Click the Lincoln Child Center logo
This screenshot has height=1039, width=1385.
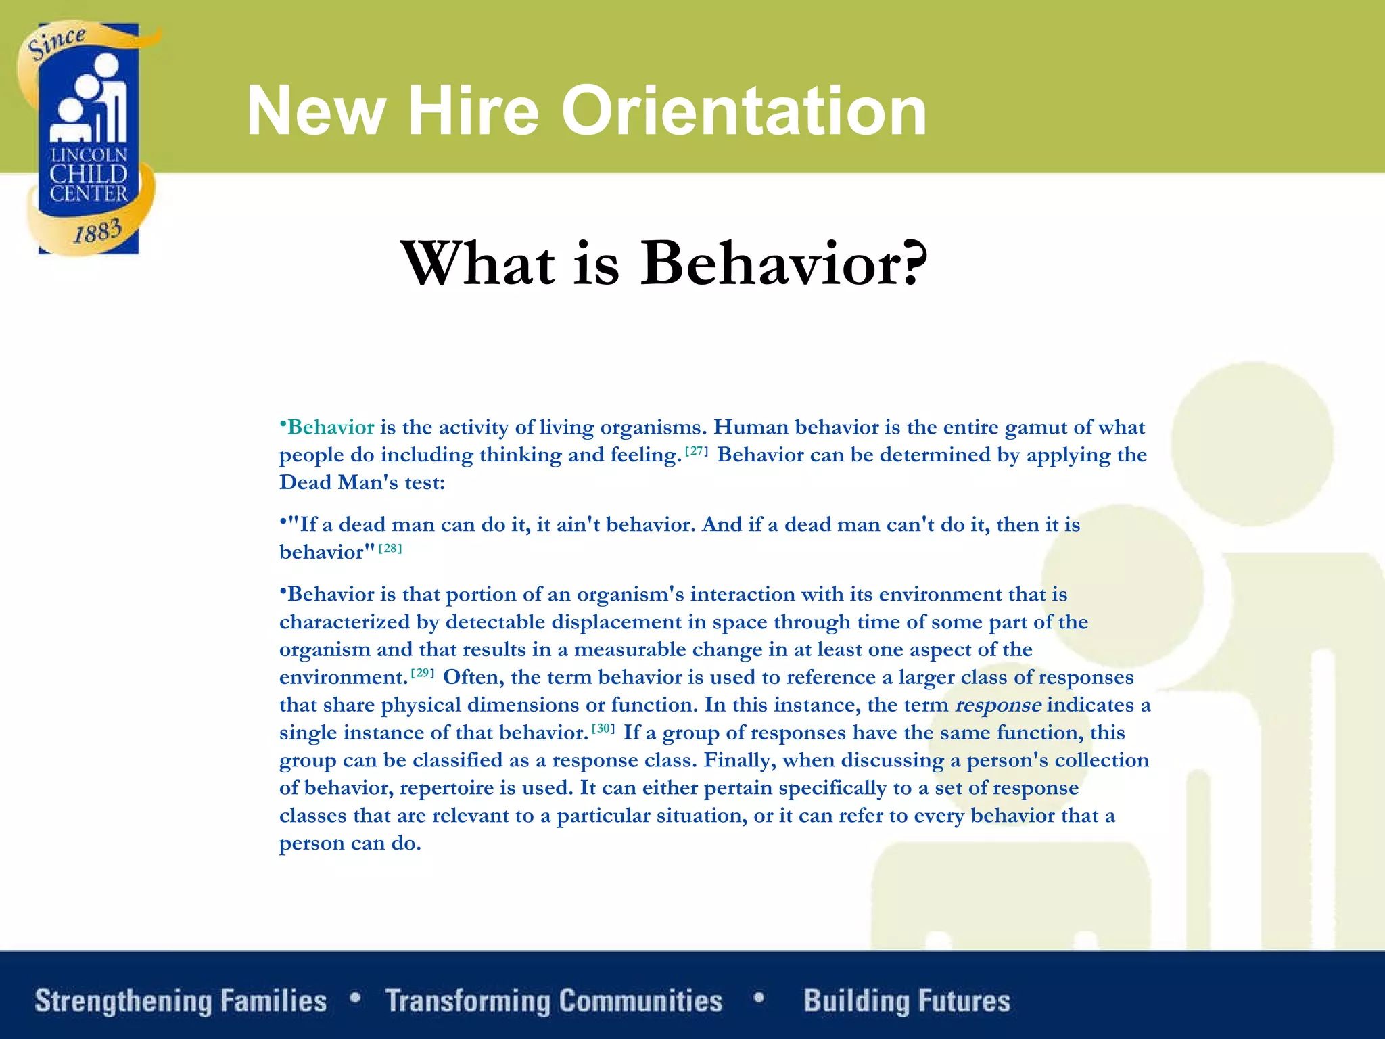point(89,139)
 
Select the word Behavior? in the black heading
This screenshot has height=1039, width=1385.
point(784,263)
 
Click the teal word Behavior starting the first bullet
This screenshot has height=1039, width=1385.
point(330,428)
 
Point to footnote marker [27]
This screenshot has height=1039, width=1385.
point(696,451)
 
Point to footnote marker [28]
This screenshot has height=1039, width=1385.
point(390,549)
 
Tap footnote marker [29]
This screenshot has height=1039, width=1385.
point(423,673)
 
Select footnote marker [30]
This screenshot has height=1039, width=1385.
point(603,729)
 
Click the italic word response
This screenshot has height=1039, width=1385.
point(997,706)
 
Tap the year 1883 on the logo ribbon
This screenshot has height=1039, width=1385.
point(97,232)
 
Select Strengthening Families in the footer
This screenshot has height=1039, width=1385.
point(181,1001)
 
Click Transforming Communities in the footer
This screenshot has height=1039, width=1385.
point(554,1001)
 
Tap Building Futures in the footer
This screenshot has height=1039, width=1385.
point(907,1001)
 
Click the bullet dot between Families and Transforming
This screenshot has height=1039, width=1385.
point(356,998)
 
